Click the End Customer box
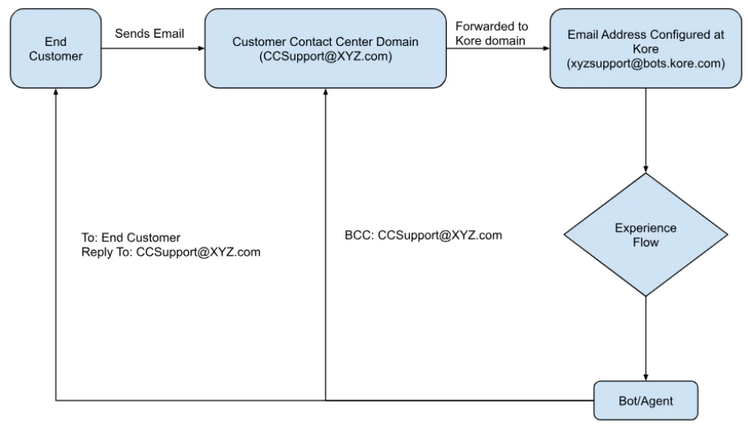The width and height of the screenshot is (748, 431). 54,47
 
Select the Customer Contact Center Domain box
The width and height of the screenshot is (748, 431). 325,47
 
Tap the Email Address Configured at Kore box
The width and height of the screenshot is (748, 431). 645,47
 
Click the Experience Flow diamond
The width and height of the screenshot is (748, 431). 645,235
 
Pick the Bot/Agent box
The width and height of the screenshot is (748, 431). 645,400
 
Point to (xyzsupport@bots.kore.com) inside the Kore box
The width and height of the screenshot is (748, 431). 645,62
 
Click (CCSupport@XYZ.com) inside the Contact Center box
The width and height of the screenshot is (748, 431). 325,55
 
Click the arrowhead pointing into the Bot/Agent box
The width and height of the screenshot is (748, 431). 645,376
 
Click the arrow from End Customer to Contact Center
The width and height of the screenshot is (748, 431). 153,47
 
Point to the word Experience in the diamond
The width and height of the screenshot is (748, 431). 645,228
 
